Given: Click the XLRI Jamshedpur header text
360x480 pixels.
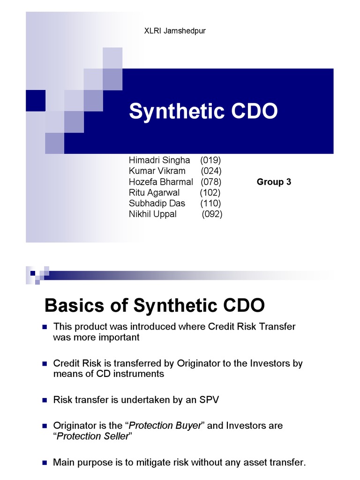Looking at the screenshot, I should (174, 31).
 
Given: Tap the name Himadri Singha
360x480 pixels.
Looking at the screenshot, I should (159, 160).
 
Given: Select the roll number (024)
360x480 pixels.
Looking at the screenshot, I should (211, 171).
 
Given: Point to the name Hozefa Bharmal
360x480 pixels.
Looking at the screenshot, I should (161, 181).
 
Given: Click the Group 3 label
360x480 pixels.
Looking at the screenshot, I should (274, 182).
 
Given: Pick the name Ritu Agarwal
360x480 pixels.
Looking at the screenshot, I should (154, 192).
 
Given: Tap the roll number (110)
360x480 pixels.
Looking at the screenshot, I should (210, 203).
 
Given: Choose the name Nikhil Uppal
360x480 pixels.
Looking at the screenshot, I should (153, 214).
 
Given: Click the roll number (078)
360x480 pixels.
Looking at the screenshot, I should (211, 181).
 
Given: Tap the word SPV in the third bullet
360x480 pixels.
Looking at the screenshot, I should (209, 400).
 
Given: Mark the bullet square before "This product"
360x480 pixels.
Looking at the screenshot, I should (45, 327).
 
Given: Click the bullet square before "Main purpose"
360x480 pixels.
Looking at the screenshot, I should (45, 463).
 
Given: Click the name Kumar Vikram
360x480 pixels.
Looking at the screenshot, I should (157, 171).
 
